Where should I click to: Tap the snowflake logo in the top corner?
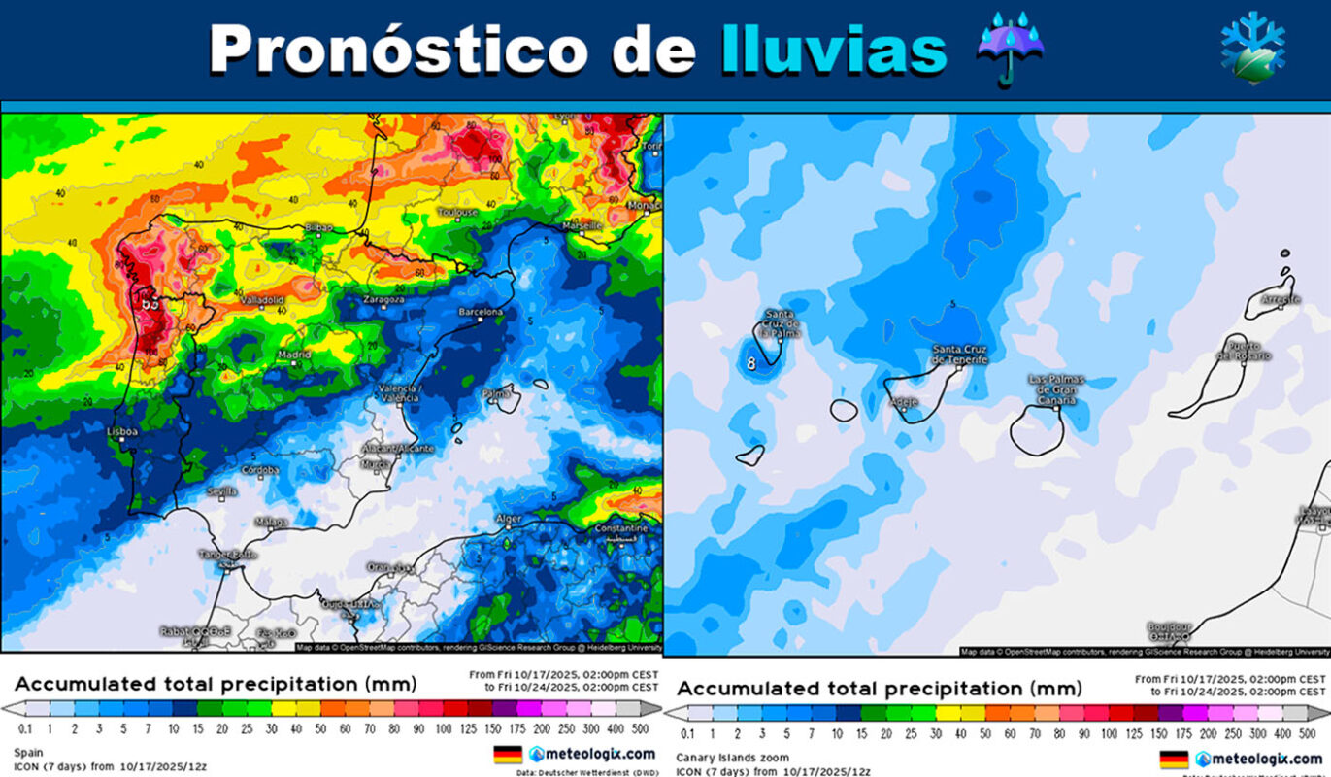(1252, 48)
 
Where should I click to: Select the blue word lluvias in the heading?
(834, 48)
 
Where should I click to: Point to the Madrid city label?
(293, 355)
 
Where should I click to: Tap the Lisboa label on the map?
(122, 430)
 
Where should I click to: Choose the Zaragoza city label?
(383, 300)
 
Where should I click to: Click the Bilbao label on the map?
(317, 227)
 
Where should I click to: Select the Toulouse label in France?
(457, 212)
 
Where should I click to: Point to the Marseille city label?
(582, 225)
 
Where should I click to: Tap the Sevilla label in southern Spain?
(221, 491)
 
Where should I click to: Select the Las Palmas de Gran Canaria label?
(1057, 389)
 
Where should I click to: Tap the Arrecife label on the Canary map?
(1280, 299)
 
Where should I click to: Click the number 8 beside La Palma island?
(750, 363)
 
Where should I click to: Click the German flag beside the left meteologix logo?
(508, 754)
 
